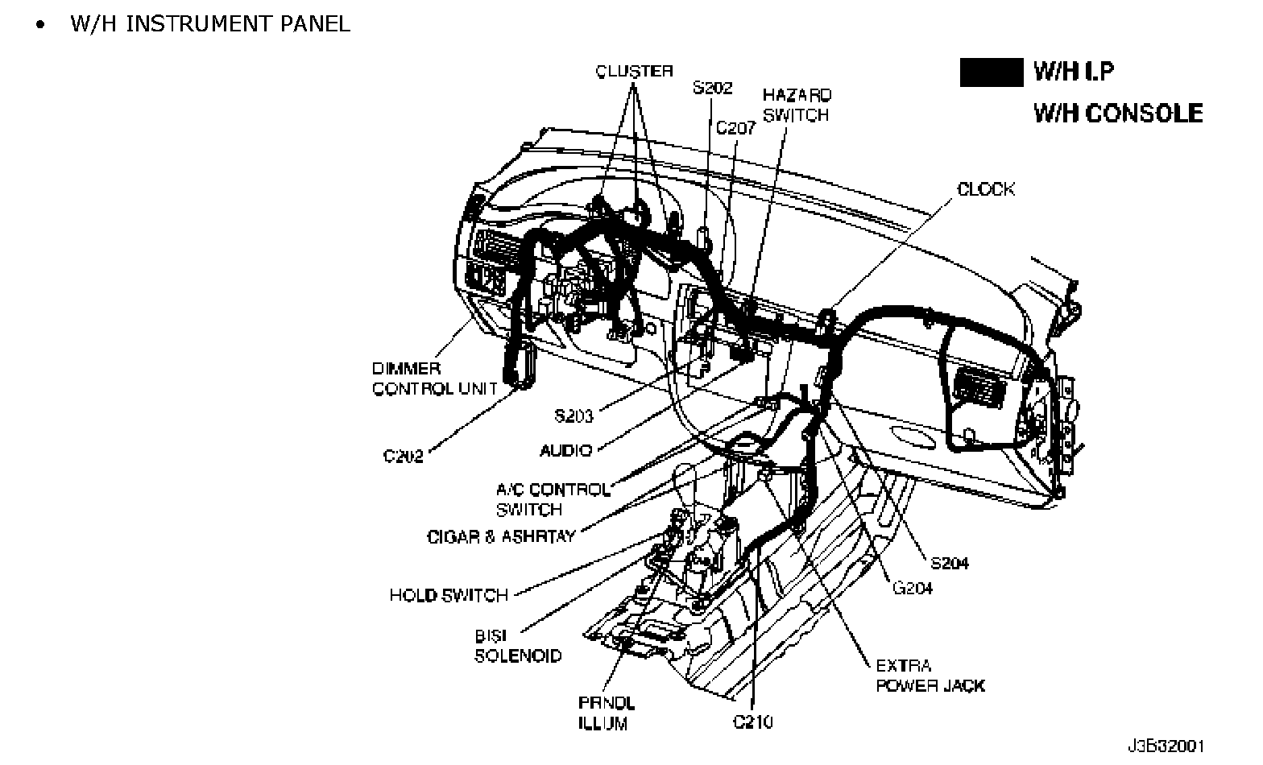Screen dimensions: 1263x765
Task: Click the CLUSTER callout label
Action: click(x=635, y=71)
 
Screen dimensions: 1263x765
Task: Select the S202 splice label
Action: click(x=712, y=88)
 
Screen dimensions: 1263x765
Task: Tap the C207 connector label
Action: click(x=735, y=128)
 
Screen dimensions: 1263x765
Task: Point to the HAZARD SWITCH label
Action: click(x=797, y=105)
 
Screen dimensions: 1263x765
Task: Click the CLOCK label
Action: click(x=986, y=189)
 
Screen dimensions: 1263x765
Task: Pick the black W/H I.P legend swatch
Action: click(x=992, y=72)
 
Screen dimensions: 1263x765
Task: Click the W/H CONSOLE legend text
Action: click(x=1118, y=114)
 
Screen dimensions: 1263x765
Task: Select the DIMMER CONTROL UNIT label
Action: click(x=435, y=378)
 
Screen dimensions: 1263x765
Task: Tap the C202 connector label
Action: click(x=403, y=456)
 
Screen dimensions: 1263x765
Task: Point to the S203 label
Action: click(x=574, y=416)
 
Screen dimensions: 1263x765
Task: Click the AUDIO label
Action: click(x=566, y=450)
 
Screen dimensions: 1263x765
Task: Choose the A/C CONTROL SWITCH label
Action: click(x=553, y=499)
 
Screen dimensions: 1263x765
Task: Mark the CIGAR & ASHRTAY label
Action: click(x=501, y=536)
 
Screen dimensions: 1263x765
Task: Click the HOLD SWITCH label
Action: click(x=449, y=595)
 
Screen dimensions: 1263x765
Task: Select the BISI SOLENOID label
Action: click(x=518, y=646)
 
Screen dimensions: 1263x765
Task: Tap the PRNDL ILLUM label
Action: click(x=606, y=713)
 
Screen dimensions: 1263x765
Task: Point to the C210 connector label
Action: click(x=752, y=722)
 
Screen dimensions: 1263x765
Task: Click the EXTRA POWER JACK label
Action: click(x=930, y=676)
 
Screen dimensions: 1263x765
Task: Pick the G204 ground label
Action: click(x=913, y=588)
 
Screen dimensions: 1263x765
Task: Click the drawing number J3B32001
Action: click(x=1166, y=746)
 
